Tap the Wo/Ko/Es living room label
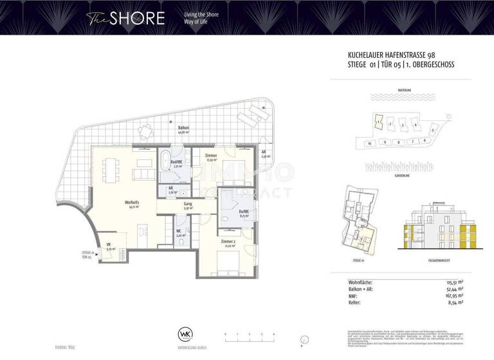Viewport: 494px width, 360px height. [133, 205]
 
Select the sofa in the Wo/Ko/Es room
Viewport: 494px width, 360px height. [143, 174]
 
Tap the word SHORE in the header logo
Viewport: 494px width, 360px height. [136, 17]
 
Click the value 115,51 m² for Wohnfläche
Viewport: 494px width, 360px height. [455, 282]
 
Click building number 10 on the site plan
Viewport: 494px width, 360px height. [370, 143]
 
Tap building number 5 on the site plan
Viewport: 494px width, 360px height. [433, 130]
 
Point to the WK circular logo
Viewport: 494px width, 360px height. [187, 335]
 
